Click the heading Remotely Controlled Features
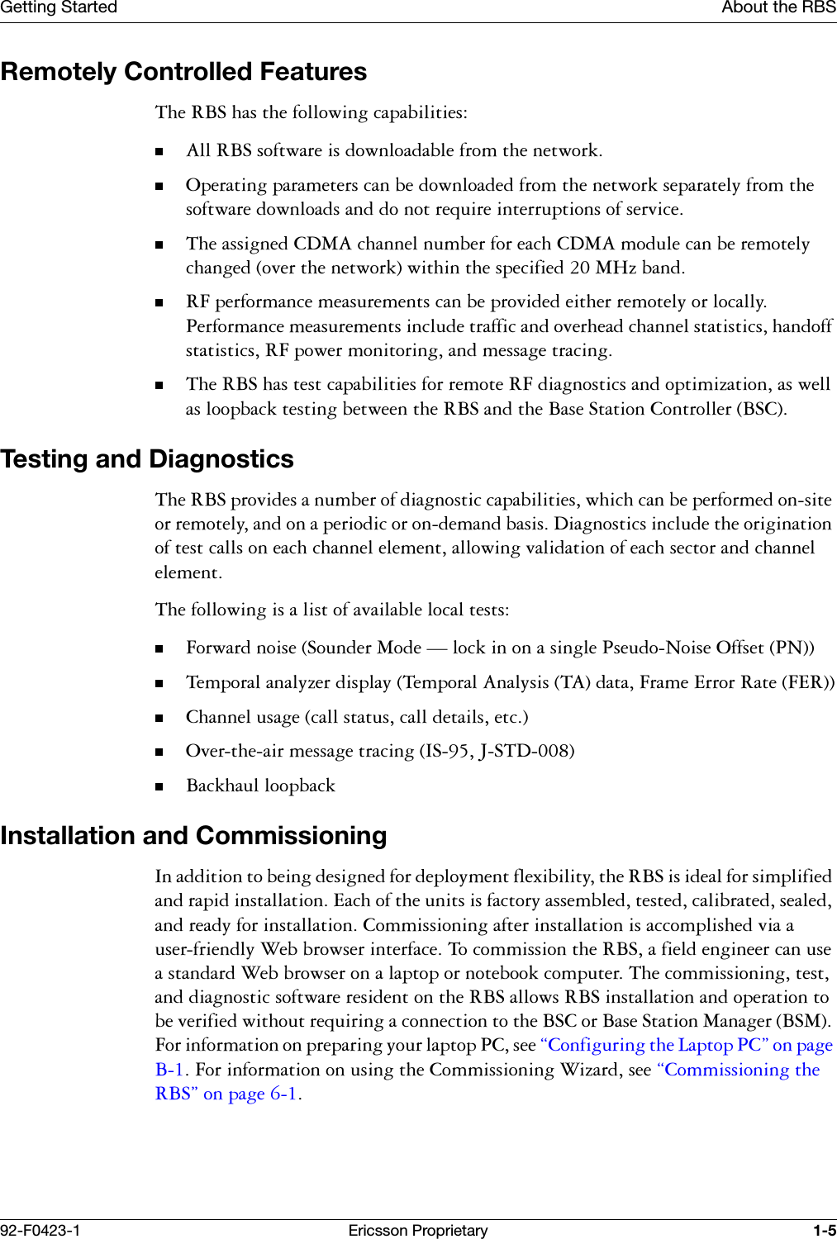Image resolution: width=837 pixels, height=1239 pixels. pyautogui.click(x=183, y=72)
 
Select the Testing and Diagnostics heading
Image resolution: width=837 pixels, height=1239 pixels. pyautogui.click(x=147, y=459)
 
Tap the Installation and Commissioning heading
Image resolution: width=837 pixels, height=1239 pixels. pyautogui.click(x=193, y=836)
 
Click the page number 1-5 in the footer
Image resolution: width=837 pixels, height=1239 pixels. pyautogui.click(x=824, y=1231)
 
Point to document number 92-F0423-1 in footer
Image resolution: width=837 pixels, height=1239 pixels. pyautogui.click(x=40, y=1231)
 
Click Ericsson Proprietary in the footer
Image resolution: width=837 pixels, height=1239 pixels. pyautogui.click(x=418, y=1231)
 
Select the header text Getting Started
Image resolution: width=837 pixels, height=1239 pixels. pyautogui.click(x=59, y=7)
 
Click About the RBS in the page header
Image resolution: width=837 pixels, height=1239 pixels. pyautogui.click(x=778, y=7)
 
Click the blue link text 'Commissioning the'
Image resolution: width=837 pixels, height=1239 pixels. pyautogui.click(x=738, y=1070)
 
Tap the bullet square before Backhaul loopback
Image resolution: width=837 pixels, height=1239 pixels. pyautogui.click(x=160, y=787)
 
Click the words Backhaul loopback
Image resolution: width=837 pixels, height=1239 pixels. pyautogui.click(x=260, y=786)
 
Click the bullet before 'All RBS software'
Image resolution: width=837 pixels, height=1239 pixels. pyautogui.click(x=160, y=152)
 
